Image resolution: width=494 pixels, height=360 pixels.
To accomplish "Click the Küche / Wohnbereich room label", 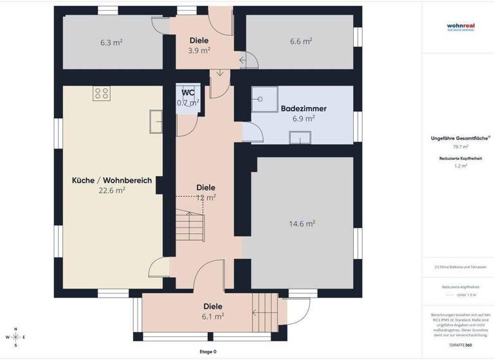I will [112, 181].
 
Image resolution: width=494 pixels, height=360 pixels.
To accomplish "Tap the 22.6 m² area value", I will [112, 191].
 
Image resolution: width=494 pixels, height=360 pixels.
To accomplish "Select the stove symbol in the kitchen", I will [101, 94].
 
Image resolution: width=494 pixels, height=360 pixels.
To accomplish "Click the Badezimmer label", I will [304, 109].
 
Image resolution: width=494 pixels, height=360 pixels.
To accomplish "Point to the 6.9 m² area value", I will [304, 119].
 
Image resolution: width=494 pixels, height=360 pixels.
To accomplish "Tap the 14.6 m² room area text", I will [302, 224].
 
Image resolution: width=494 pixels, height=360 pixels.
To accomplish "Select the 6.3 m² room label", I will [111, 42].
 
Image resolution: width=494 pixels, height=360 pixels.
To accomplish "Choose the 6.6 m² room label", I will [301, 40].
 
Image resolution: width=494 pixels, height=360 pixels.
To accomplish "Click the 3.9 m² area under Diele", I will [199, 50].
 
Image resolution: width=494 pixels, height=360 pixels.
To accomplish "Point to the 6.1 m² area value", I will [213, 316].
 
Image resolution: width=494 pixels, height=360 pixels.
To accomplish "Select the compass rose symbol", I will [16, 337].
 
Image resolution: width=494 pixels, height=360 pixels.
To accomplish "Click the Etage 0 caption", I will [208, 352].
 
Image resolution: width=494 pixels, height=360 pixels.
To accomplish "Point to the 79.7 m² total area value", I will [460, 147].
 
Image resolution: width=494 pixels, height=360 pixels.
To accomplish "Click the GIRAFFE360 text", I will [460, 345].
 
